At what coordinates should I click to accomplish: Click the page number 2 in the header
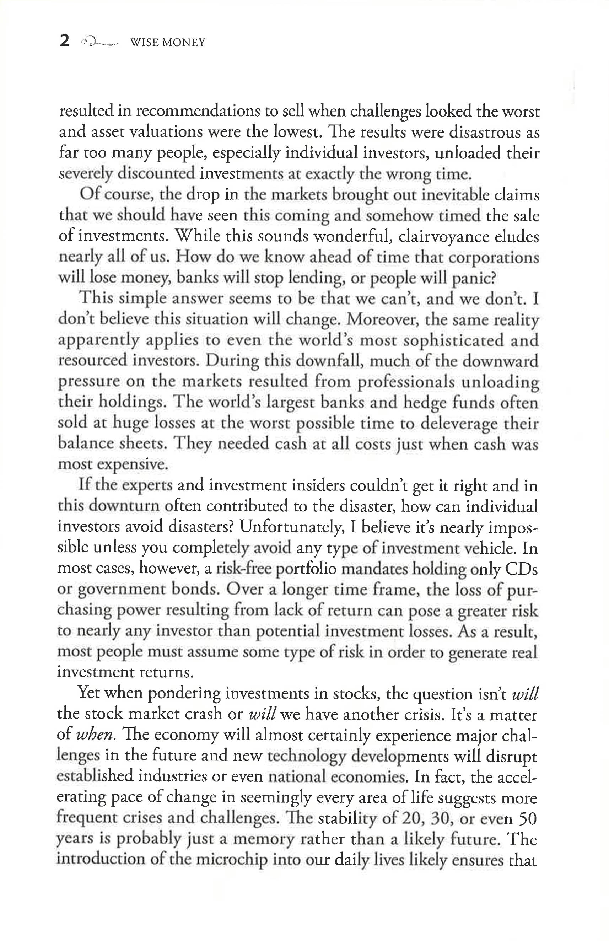(x=64, y=41)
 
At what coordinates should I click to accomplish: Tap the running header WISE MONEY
(x=168, y=42)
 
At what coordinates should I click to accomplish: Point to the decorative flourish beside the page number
(x=98, y=41)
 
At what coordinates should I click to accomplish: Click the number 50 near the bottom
(x=527, y=818)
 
